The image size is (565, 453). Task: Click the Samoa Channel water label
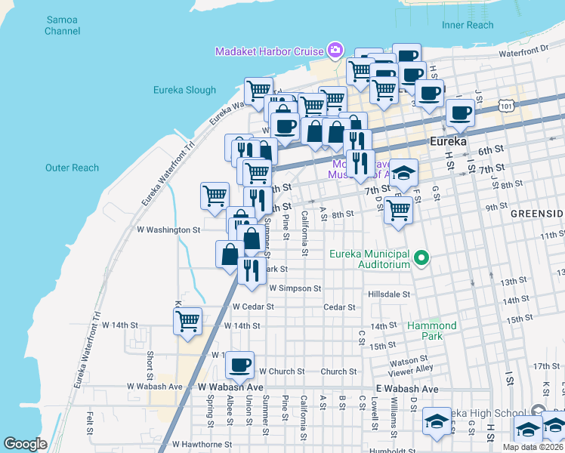[x=61, y=26]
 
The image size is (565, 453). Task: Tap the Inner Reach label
[x=467, y=25]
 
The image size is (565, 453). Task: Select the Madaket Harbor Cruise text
[x=269, y=51]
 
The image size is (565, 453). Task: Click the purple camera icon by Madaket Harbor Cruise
[x=335, y=51]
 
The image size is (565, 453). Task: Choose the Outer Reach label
[x=72, y=168]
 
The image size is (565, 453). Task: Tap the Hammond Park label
[x=432, y=331]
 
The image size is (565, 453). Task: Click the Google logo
[x=25, y=444]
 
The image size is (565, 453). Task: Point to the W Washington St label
[x=168, y=230]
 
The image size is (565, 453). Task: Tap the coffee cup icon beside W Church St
[x=240, y=365]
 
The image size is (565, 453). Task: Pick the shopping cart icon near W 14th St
[x=187, y=320]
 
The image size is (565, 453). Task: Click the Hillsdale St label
[x=389, y=294]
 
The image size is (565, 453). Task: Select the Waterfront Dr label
[x=523, y=50]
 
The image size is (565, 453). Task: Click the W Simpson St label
[x=295, y=288]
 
